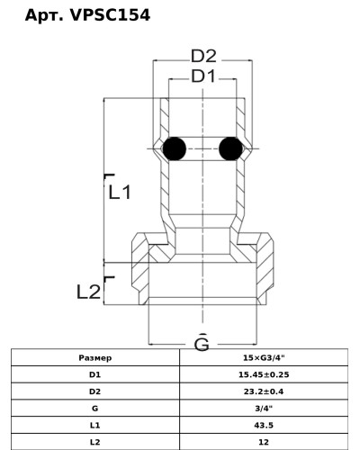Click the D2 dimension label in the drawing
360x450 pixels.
point(202,56)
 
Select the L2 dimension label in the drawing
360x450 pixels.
point(89,291)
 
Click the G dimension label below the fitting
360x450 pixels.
point(202,343)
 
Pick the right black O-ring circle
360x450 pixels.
point(230,148)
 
